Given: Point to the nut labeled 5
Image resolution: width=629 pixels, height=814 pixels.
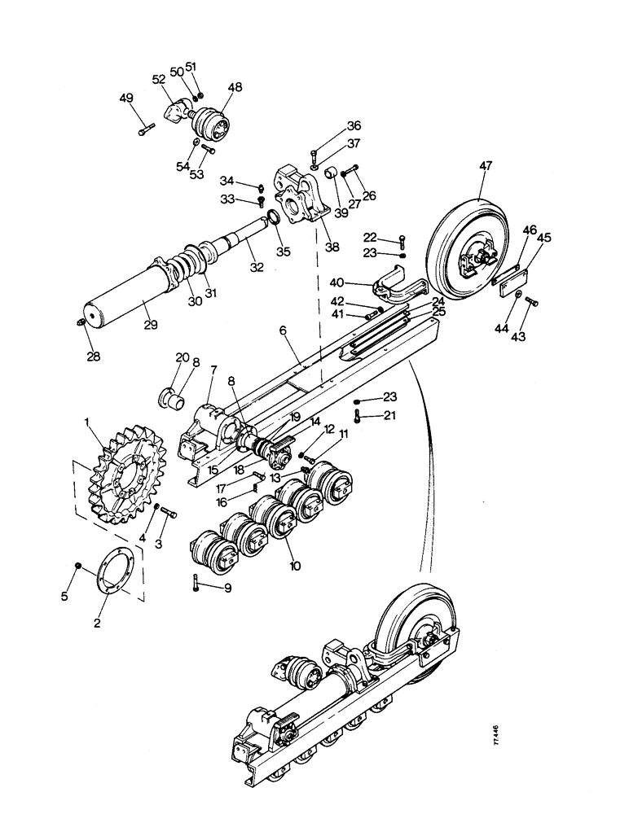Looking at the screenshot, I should point(77,566).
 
